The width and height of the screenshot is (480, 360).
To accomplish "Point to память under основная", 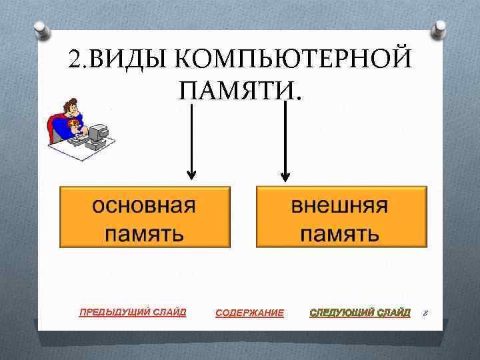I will click(144, 233).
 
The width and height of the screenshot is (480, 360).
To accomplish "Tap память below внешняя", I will click(341, 233).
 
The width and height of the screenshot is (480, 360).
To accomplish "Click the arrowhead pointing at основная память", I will click(191, 175).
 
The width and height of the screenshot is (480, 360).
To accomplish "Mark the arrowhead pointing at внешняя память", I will click(285, 176).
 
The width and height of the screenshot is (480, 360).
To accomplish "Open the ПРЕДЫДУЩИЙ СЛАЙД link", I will click(133, 311).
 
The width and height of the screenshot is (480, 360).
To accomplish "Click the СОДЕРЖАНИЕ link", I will click(249, 313).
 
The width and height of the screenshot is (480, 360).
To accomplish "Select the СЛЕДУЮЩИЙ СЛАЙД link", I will click(360, 312).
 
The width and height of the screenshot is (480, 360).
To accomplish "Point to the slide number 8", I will click(425, 313).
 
